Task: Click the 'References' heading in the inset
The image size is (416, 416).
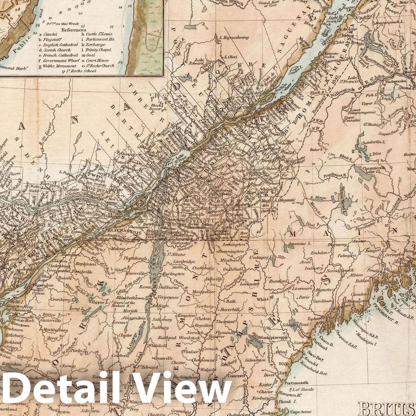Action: pos(73,30)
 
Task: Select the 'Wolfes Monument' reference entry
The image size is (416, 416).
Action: pos(59,66)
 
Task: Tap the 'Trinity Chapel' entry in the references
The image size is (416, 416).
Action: pos(98,50)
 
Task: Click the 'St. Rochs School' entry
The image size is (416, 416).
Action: pos(81,71)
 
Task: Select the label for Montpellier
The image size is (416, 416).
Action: pos(203,291)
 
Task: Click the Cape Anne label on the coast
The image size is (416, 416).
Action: pos(301,411)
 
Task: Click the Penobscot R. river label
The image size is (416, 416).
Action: pos(326,176)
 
